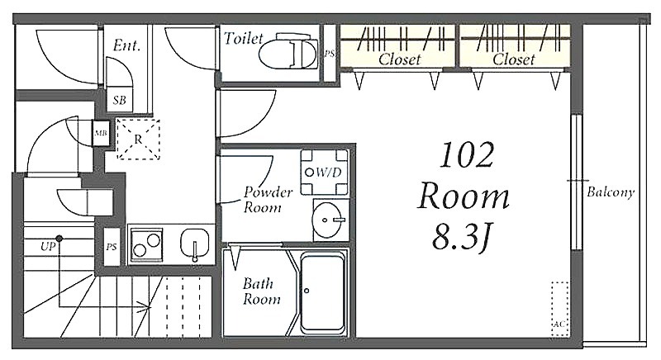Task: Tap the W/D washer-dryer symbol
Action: (324, 173)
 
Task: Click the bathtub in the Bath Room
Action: (323, 292)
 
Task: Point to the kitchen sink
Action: (194, 244)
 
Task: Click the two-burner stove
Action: (146, 245)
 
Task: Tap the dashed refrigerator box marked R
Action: (138, 139)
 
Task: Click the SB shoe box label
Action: (119, 100)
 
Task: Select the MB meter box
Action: (101, 134)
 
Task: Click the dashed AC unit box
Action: (560, 309)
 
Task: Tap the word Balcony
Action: (611, 192)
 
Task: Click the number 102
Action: (467, 155)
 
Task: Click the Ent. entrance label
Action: (126, 45)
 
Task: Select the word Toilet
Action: (243, 38)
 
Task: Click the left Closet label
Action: (399, 59)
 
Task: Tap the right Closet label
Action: (514, 59)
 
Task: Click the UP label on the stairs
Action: (48, 246)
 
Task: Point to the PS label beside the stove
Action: (112, 247)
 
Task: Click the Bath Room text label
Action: (261, 291)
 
